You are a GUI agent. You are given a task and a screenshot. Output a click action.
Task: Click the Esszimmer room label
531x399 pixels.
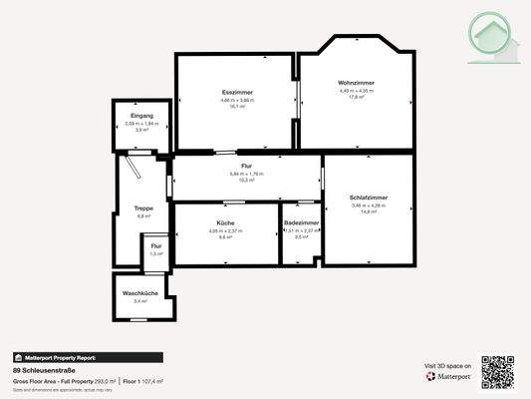point(237,93)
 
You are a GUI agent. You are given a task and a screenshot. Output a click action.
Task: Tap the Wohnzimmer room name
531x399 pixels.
point(356,83)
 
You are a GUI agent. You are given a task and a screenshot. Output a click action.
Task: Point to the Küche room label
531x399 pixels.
point(225,222)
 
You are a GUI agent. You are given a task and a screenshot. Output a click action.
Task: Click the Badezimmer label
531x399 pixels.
point(301,222)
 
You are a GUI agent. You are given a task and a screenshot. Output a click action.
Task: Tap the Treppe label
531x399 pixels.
point(142,207)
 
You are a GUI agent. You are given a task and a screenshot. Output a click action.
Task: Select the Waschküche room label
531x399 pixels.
point(140,292)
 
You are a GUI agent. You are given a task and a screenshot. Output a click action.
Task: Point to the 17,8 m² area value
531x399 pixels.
point(356,98)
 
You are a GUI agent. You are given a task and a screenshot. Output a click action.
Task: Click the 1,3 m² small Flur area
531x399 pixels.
point(155,253)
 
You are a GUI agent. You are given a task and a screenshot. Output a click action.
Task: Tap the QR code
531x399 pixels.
point(498,371)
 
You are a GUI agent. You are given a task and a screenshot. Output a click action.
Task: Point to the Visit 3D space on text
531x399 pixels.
point(445,366)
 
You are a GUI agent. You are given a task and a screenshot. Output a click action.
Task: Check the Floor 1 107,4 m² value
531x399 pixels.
point(142,381)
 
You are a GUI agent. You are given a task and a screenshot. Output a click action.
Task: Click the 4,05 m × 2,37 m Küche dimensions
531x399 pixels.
point(225,230)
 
